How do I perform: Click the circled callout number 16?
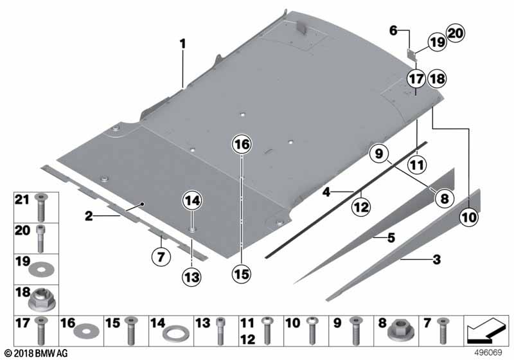[242, 144]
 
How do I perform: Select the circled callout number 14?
[192, 201]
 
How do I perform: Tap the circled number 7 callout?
[161, 256]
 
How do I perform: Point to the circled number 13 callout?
[191, 277]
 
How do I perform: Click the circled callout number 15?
[242, 274]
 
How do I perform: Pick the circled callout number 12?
[361, 207]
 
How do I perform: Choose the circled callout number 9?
[378, 154]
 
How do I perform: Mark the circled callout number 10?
[469, 217]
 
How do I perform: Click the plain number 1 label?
[182, 44]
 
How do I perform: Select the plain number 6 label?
[393, 30]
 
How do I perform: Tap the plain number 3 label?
[437, 260]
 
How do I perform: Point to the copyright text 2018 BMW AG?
[36, 353]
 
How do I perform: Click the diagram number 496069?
[488, 352]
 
